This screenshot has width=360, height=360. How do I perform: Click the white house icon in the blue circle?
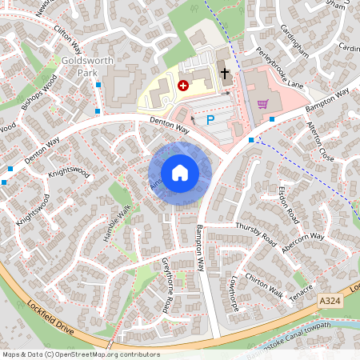[180, 172]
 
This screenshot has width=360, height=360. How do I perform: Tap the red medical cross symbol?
[182, 84]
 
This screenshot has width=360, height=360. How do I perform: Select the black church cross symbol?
[225, 74]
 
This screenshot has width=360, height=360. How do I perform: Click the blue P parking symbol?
[211, 120]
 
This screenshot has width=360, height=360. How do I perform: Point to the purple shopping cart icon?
[263, 103]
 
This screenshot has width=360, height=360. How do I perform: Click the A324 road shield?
[330, 300]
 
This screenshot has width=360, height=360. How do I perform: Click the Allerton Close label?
[320, 142]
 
